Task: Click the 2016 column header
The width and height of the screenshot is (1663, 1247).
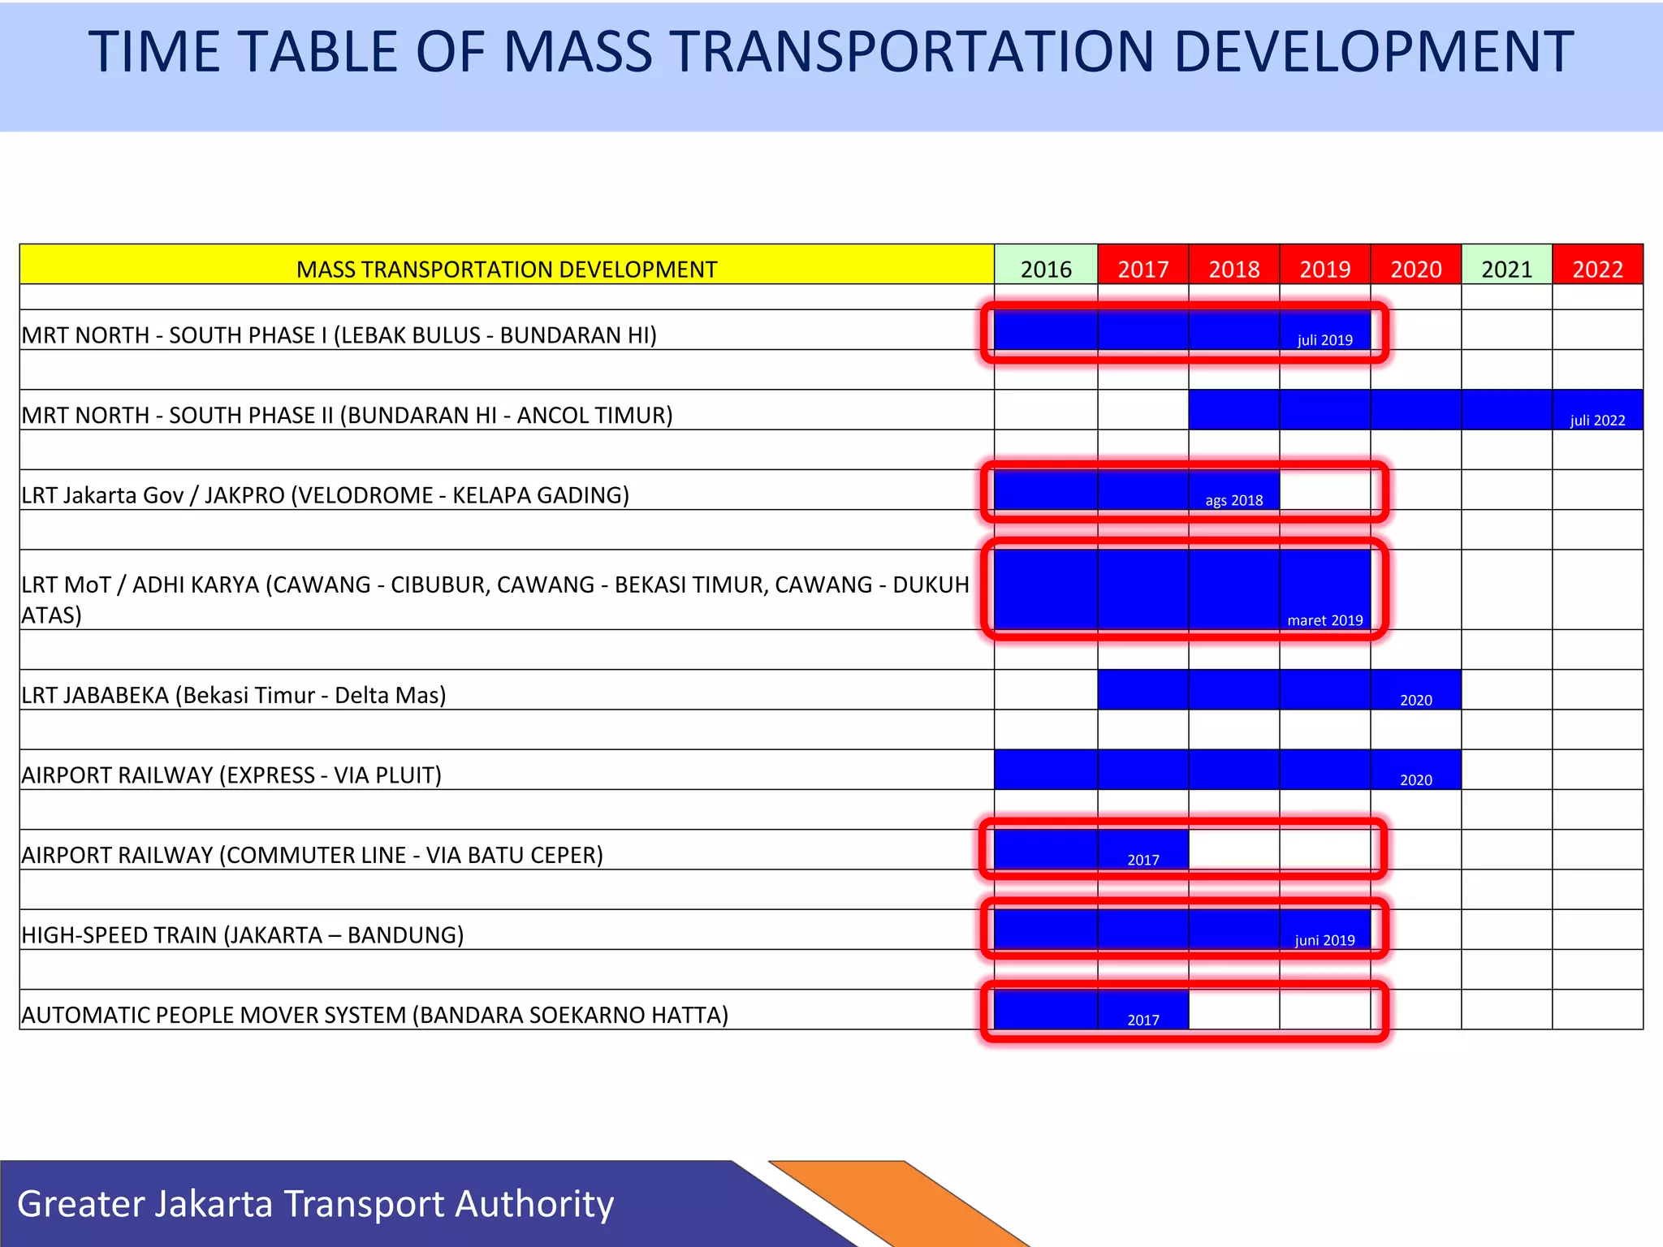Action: [x=1046, y=269]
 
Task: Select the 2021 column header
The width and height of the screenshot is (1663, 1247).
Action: [x=1506, y=269]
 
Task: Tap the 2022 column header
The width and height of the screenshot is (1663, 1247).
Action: [x=1597, y=269]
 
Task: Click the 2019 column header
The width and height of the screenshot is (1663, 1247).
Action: [x=1324, y=269]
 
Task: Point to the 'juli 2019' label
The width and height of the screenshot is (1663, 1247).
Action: [x=1324, y=340]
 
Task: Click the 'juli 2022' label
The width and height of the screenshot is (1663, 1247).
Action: [x=1597, y=421]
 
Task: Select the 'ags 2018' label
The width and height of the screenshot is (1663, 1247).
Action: [x=1233, y=500]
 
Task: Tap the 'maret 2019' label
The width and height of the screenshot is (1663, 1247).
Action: [x=1324, y=620]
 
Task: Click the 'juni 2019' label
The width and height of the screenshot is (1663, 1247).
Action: [x=1324, y=940]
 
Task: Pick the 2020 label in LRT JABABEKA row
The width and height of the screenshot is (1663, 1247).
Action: [x=1415, y=700]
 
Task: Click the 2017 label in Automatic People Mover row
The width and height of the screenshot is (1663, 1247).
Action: [x=1143, y=1020]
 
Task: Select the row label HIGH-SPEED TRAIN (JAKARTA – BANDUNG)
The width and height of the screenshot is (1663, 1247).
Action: [x=243, y=935]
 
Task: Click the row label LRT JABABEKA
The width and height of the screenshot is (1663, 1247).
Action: [x=234, y=695]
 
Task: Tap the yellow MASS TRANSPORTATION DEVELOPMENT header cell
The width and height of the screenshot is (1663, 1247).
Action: [x=507, y=269]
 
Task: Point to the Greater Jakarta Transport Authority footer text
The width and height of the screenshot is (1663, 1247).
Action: [x=315, y=1203]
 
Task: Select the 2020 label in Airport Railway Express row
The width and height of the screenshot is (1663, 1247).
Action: [x=1415, y=780]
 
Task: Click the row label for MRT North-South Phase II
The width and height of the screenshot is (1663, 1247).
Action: [x=348, y=416]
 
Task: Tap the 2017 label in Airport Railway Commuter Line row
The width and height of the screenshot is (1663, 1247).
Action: [x=1143, y=860]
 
